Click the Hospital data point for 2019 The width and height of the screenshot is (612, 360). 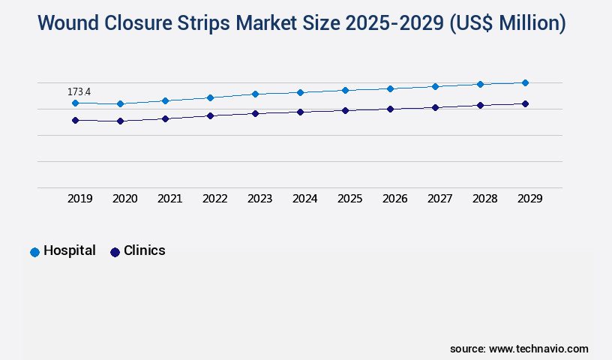pos(75,103)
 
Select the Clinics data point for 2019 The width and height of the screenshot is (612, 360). pos(75,120)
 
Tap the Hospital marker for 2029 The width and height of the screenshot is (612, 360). pos(525,82)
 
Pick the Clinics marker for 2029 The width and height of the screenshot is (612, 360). pos(525,103)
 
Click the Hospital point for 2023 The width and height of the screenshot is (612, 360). pos(255,94)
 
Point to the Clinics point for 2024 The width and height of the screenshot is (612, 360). pos(300,112)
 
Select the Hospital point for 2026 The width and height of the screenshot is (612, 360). pos(390,88)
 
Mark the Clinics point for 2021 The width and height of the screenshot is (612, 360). pos(165,118)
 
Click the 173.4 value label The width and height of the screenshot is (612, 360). pos(79,91)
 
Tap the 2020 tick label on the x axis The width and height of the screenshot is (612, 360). pos(125,199)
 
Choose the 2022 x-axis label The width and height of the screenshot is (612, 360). pos(215,199)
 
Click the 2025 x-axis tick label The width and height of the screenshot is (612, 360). pos(350,199)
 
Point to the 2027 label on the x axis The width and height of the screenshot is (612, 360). pos(440,199)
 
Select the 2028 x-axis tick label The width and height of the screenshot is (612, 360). pos(485,199)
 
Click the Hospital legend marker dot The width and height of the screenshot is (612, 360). pos(34,252)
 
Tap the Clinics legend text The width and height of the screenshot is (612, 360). pos(144,250)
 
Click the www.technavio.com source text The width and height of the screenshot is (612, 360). pos(538,349)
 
